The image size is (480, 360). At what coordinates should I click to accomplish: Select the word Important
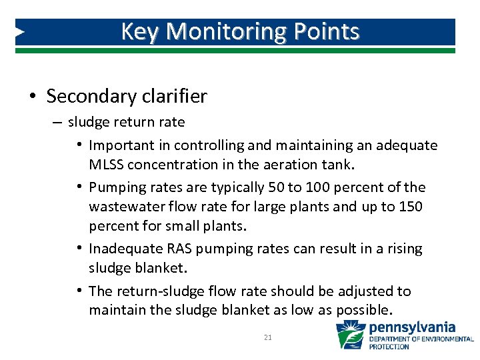click(x=120, y=145)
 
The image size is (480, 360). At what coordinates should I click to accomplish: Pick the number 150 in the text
click(x=408, y=206)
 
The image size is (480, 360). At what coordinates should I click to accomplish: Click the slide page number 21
click(x=267, y=338)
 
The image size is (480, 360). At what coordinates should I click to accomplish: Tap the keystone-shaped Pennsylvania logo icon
click(x=350, y=335)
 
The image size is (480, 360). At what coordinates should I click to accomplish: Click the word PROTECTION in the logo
click(x=390, y=347)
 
